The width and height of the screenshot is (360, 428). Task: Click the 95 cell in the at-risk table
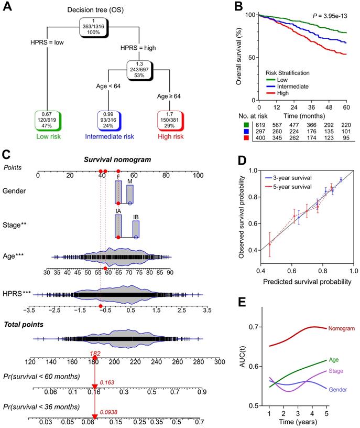click(344, 136)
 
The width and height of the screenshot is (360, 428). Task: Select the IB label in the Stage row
click(136, 216)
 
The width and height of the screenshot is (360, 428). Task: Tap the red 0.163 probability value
click(106, 384)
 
